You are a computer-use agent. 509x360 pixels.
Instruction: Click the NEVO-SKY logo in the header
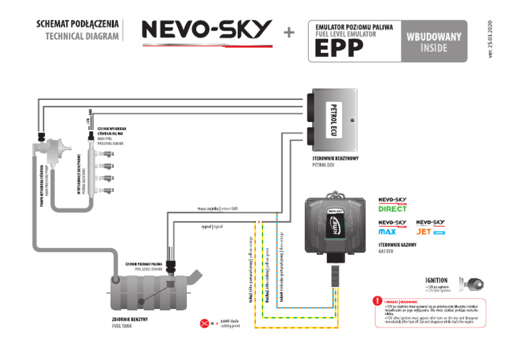(x=207, y=30)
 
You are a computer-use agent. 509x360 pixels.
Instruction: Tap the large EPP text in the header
(x=339, y=48)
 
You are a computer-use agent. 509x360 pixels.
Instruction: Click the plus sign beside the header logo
(x=289, y=32)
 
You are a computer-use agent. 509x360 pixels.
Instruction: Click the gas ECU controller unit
(x=337, y=225)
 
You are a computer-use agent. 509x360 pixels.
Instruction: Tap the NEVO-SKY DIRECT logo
(x=392, y=204)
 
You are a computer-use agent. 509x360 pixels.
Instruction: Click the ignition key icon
(x=476, y=283)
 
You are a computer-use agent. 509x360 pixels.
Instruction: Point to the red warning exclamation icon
(x=377, y=301)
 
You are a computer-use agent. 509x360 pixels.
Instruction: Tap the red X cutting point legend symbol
(x=204, y=324)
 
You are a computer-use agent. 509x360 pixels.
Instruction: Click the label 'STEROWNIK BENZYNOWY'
(x=335, y=160)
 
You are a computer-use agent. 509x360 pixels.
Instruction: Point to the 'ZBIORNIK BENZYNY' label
(x=125, y=320)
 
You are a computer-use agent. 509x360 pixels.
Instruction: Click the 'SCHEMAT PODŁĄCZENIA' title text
(x=78, y=25)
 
